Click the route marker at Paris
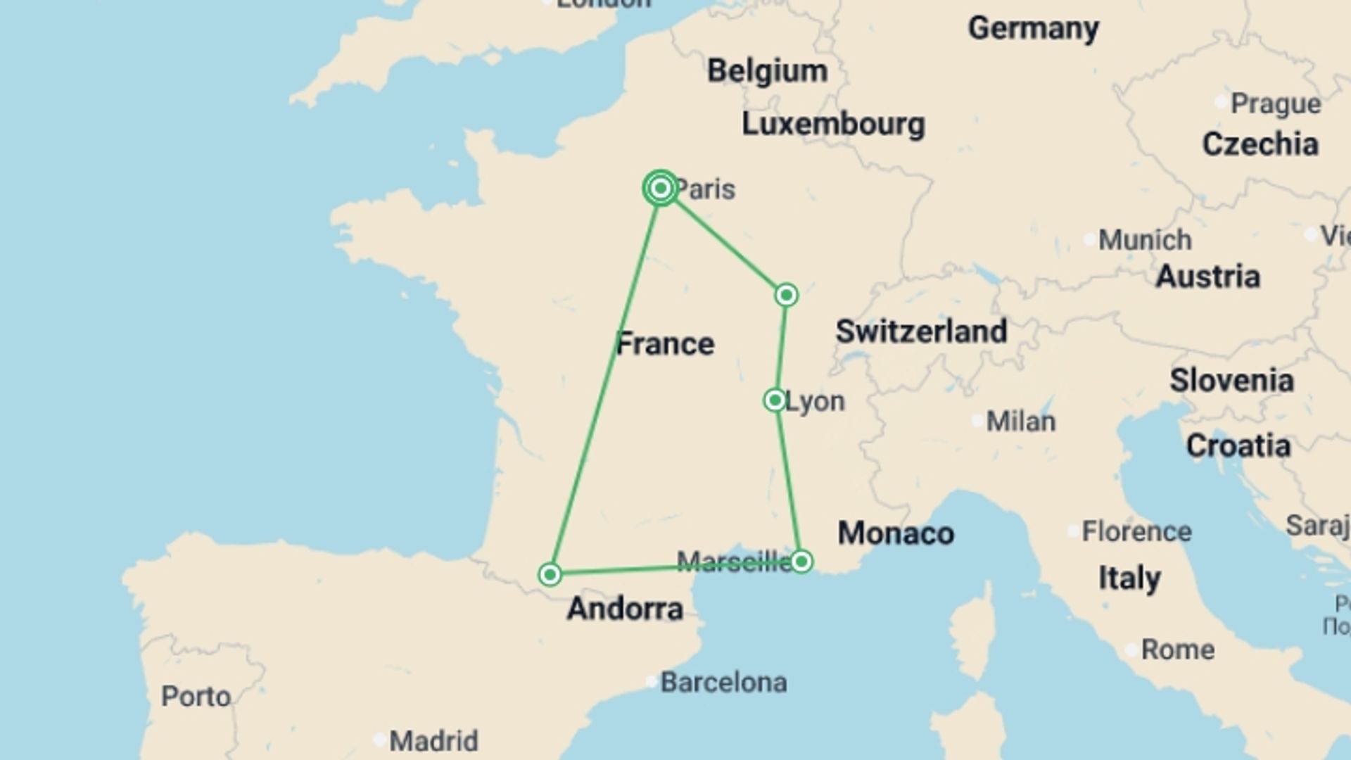pyautogui.click(x=660, y=189)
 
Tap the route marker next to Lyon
pyautogui.click(x=775, y=400)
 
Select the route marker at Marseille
pyautogui.click(x=801, y=562)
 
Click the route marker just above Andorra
pyautogui.click(x=550, y=574)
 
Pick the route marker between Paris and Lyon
pyautogui.click(x=787, y=295)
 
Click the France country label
pyautogui.click(x=665, y=344)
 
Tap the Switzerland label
pyautogui.click(x=921, y=331)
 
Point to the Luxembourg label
pyautogui.click(x=833, y=125)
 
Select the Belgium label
pyautogui.click(x=767, y=71)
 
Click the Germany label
pyautogui.click(x=1033, y=29)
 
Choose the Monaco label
pyautogui.click(x=896, y=533)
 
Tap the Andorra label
pyautogui.click(x=625, y=609)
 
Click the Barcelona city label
pyautogui.click(x=723, y=683)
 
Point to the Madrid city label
pyautogui.click(x=433, y=741)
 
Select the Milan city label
pyautogui.click(x=1020, y=422)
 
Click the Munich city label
pyautogui.click(x=1145, y=241)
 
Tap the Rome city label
pyautogui.click(x=1177, y=650)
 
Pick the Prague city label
pyautogui.click(x=1275, y=104)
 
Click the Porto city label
pyautogui.click(x=196, y=697)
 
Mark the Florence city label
pyautogui.click(x=1136, y=532)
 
